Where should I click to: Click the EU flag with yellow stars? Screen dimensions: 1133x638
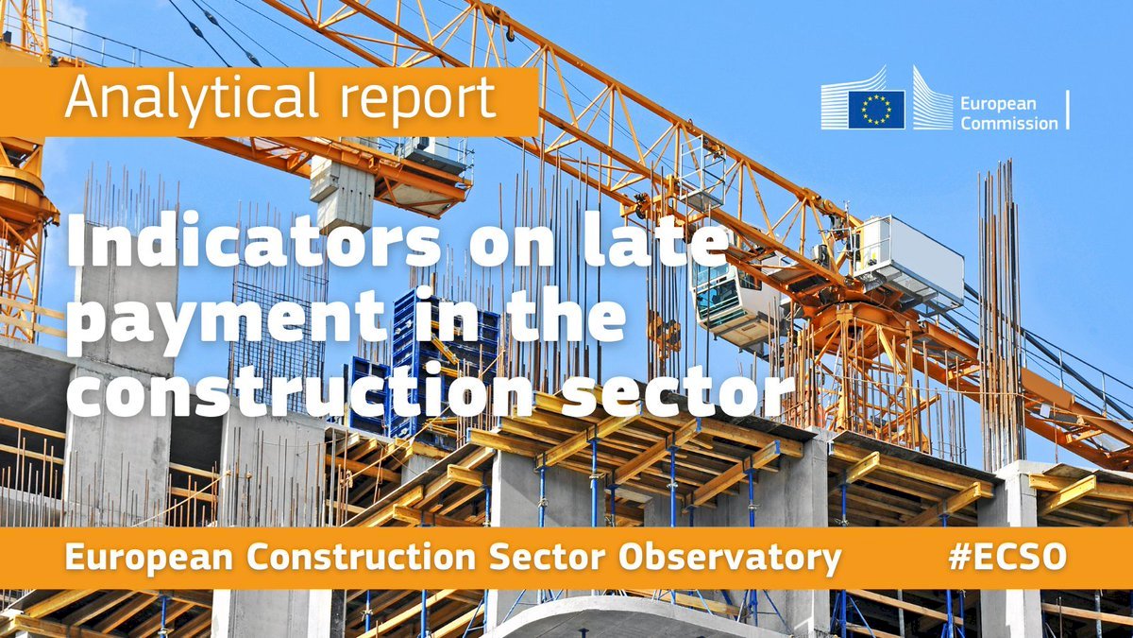pos(876,110)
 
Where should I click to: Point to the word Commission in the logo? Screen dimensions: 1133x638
pos(1009,123)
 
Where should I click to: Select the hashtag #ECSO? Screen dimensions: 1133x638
pos(1007,557)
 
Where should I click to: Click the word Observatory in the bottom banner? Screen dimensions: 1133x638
pos(730,558)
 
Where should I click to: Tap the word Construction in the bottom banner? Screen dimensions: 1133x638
pos(362,557)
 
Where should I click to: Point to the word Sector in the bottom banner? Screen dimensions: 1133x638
pos(547,557)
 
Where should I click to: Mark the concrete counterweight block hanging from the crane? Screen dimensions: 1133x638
pos(342,193)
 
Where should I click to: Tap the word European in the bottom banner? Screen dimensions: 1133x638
pos(149,558)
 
